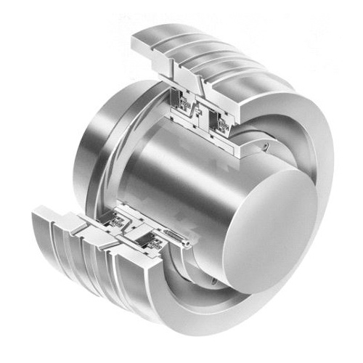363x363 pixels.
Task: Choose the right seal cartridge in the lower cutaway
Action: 150,236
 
